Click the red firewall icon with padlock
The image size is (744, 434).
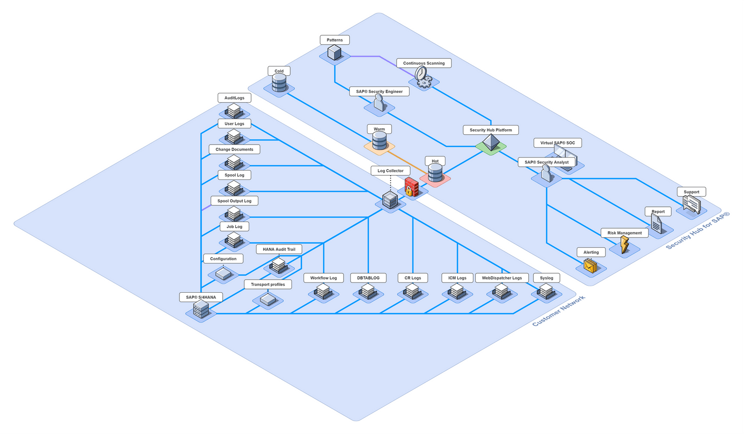pos(411,187)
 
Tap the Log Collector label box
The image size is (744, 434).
pos(390,171)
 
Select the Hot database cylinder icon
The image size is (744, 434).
pos(435,173)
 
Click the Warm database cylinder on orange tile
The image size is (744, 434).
pos(379,140)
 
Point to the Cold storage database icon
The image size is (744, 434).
pos(279,83)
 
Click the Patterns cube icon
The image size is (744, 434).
pos(334,53)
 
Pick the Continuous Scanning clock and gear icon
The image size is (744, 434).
pos(423,77)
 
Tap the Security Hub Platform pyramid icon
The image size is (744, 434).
pos(491,143)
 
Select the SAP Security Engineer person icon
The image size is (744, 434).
pos(379,102)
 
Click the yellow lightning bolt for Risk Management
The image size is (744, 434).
pos(624,244)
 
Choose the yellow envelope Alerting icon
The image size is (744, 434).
pos(591,266)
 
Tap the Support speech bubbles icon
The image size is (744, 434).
pos(691,204)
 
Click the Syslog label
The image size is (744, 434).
pos(546,278)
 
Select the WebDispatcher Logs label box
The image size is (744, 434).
pos(502,278)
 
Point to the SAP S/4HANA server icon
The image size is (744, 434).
pos(201,309)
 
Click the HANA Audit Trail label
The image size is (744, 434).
pos(279,249)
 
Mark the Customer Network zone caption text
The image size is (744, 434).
pos(558,311)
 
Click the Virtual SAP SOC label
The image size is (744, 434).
pos(558,143)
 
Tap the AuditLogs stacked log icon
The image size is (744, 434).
pos(234,111)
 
